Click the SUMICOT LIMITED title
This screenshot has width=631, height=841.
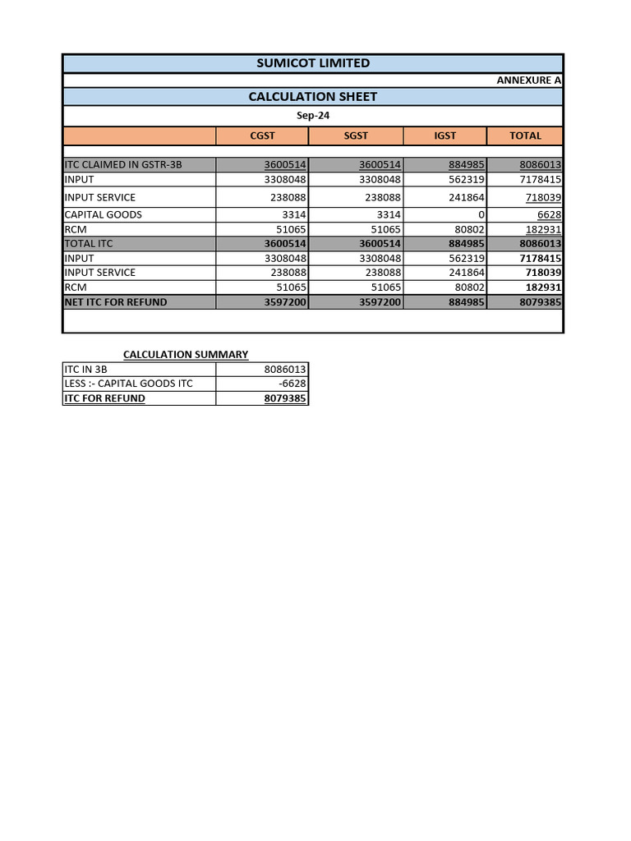click(x=313, y=63)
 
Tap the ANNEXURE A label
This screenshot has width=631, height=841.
click(x=529, y=80)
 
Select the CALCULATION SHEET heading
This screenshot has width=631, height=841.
click(x=313, y=97)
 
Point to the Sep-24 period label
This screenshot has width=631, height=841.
click(x=313, y=116)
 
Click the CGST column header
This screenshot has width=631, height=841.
click(x=262, y=136)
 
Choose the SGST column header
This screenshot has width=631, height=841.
click(x=356, y=136)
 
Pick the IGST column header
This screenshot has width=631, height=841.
click(x=444, y=136)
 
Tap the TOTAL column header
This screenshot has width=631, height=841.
click(x=525, y=136)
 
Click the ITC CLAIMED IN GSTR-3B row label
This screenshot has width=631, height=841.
click(x=123, y=165)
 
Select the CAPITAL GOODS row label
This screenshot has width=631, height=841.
click(x=104, y=214)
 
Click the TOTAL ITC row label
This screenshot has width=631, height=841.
click(x=89, y=244)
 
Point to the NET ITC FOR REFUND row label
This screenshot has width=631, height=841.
click(x=116, y=302)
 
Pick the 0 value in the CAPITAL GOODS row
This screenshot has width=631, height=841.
click(x=481, y=214)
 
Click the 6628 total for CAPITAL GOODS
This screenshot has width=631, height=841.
click(x=549, y=214)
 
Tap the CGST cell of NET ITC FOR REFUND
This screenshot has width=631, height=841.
click(x=285, y=302)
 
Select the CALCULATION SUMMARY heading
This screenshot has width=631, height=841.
click(x=186, y=355)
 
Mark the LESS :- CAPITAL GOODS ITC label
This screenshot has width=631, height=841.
click(x=128, y=384)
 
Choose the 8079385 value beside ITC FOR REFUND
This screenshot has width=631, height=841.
click(x=285, y=398)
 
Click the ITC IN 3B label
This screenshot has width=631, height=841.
click(x=86, y=370)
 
